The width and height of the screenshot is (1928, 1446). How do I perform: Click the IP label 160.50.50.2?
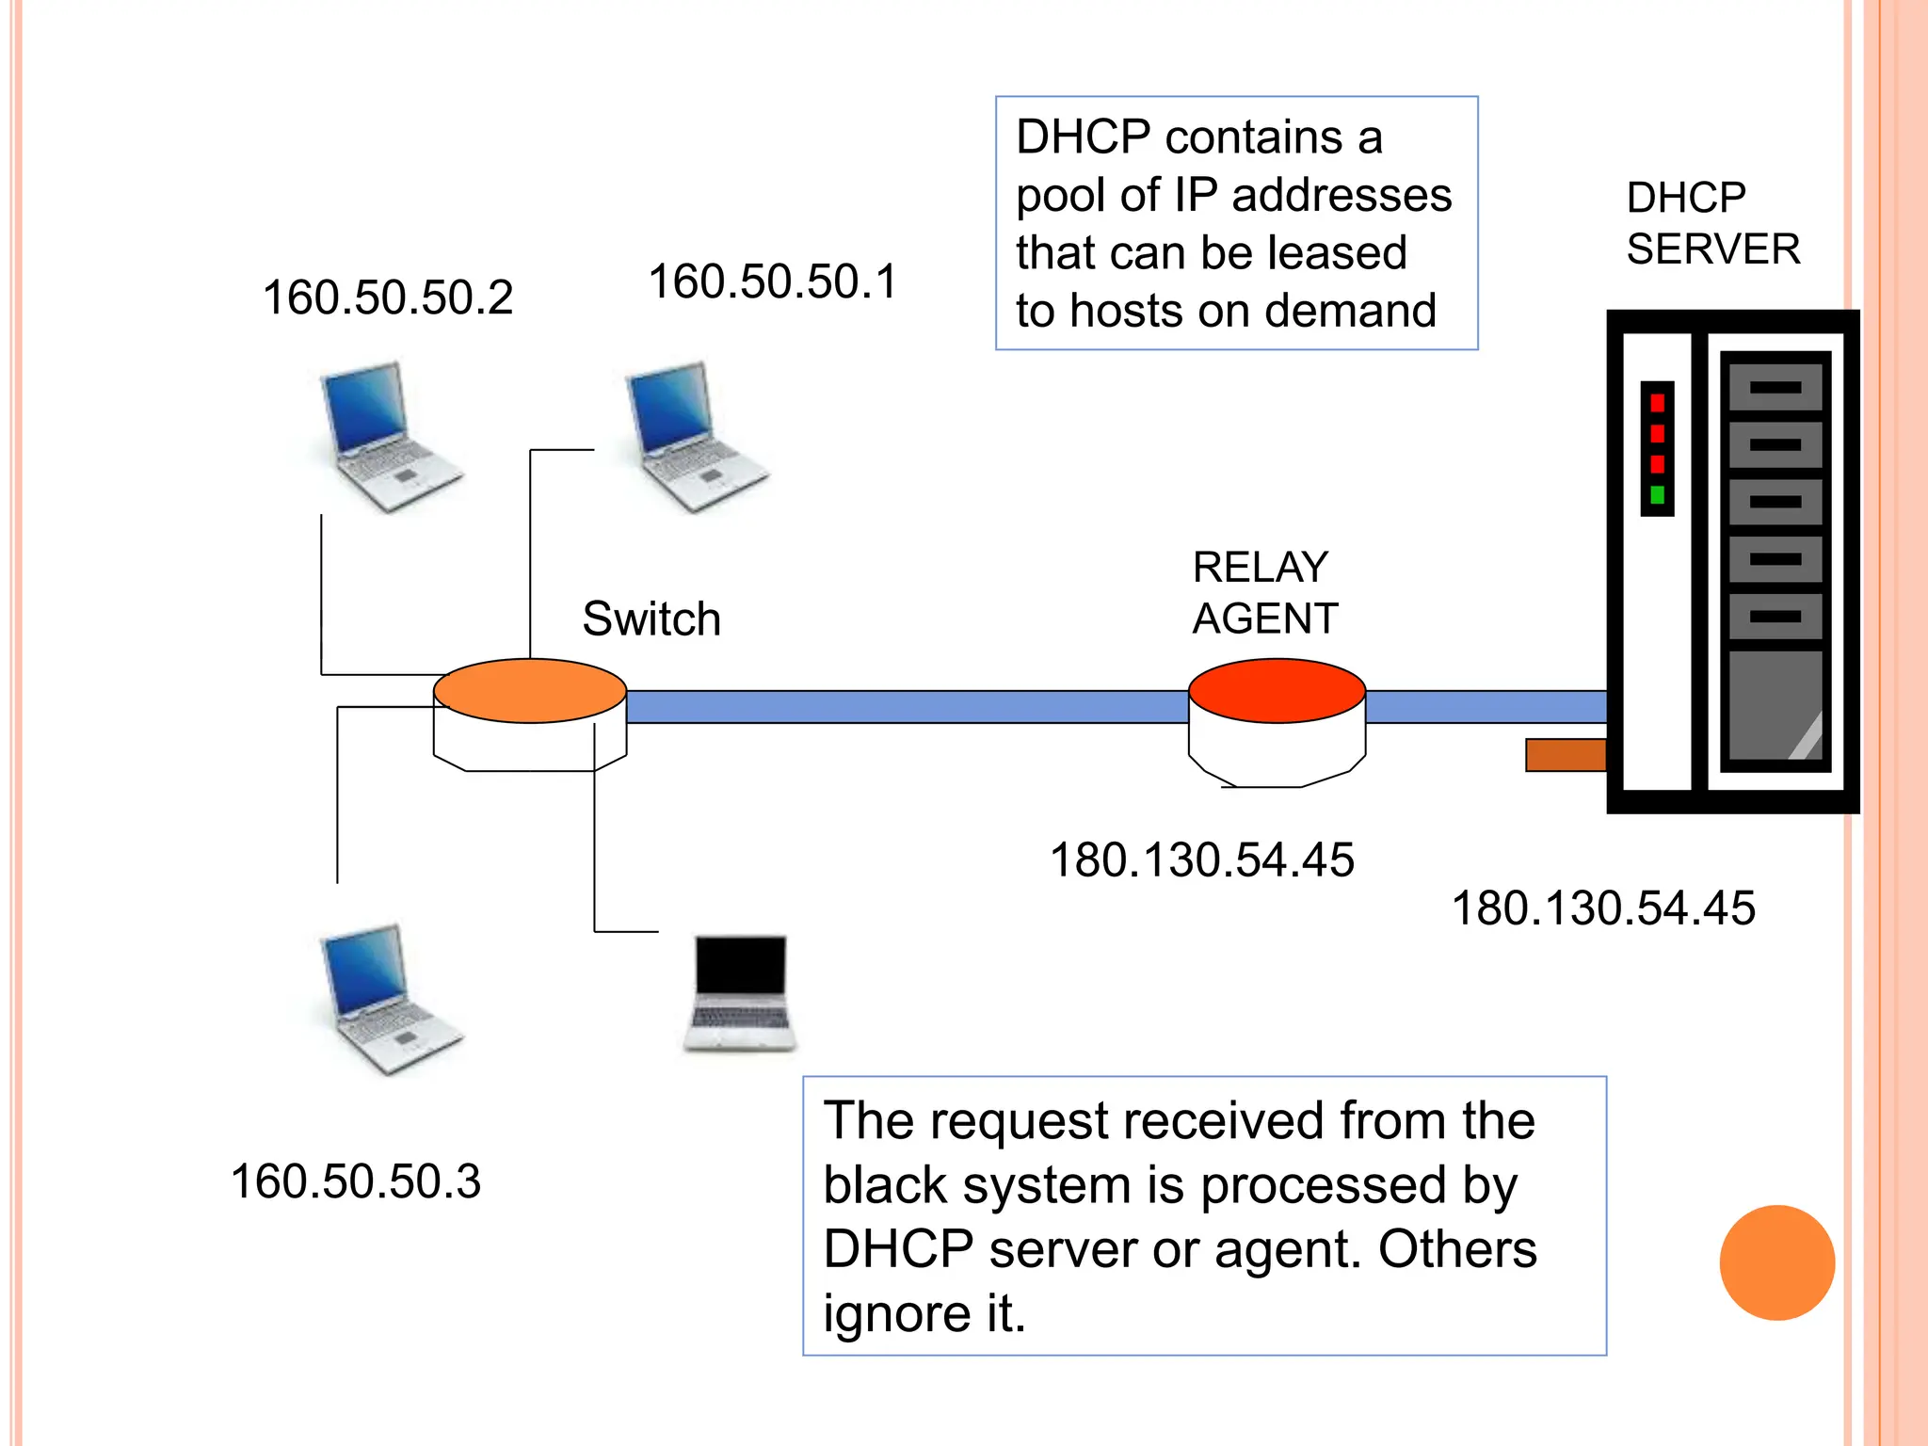point(388,297)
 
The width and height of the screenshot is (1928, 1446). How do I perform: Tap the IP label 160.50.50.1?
point(773,281)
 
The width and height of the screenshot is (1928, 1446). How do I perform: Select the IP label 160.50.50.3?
point(356,1181)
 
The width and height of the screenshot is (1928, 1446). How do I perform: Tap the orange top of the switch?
point(530,690)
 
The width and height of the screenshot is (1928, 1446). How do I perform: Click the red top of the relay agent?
point(1277,690)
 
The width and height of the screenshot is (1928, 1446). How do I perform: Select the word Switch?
point(651,619)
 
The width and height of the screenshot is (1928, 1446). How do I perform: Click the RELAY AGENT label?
point(1264,593)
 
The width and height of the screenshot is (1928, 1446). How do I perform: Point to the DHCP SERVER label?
point(1711,224)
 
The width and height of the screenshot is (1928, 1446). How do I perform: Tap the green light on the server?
point(1657,495)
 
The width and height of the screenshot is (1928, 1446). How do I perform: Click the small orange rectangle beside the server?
point(1566,755)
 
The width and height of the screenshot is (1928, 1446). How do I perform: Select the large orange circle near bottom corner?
point(1776,1262)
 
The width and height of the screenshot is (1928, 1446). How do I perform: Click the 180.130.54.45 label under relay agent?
point(1201,860)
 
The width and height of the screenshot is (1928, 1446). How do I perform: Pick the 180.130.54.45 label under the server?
point(1603,908)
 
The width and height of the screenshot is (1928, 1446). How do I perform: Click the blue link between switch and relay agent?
point(904,707)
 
